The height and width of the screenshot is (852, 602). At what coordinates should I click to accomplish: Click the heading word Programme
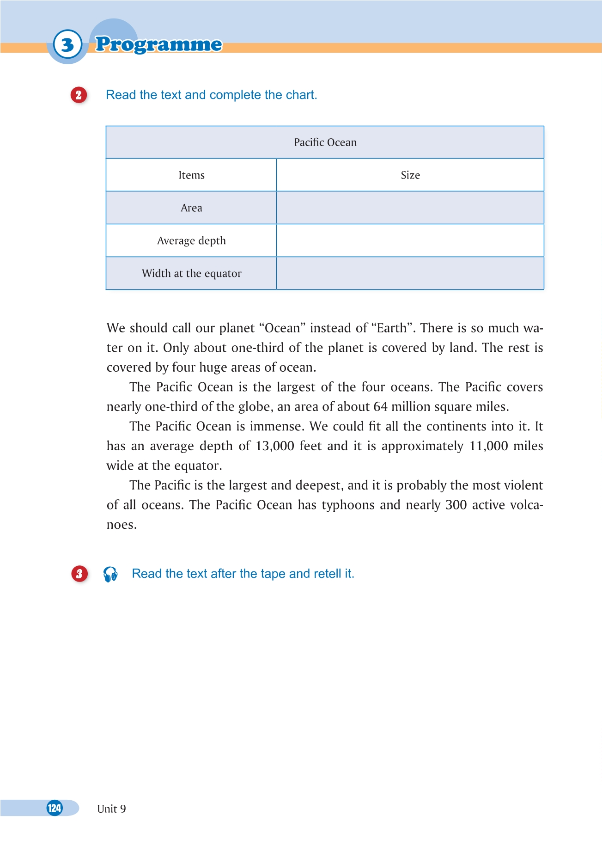click(x=158, y=44)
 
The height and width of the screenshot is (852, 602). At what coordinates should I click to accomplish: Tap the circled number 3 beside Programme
click(x=67, y=45)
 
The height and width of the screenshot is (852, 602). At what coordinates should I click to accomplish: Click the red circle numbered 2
click(x=79, y=95)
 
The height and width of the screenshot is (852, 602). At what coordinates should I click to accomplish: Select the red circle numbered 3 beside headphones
click(x=79, y=574)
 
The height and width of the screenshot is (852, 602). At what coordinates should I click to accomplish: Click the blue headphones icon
click(x=110, y=574)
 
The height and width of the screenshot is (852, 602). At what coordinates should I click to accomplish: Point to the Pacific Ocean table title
click(x=325, y=142)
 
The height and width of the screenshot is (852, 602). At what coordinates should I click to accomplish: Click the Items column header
click(x=191, y=175)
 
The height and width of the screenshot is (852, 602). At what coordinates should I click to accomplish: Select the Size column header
click(x=410, y=175)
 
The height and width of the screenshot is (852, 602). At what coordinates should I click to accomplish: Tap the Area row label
click(x=191, y=208)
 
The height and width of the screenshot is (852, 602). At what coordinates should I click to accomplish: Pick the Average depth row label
click(x=191, y=241)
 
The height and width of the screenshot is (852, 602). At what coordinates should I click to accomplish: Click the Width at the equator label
click(x=191, y=274)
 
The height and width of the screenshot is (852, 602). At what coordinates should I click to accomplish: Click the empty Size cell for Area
click(x=410, y=208)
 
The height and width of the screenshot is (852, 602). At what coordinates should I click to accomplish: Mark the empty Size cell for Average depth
click(x=410, y=241)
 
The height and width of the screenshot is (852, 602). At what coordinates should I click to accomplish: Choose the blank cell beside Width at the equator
click(x=410, y=274)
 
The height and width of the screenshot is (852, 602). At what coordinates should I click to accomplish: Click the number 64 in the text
click(x=380, y=407)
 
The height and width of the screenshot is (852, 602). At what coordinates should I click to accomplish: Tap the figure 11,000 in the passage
click(x=488, y=446)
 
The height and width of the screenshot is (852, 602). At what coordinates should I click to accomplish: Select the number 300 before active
click(x=456, y=505)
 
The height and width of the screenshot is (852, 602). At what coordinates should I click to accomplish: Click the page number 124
click(x=55, y=808)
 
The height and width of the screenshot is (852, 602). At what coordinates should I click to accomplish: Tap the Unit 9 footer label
click(x=111, y=809)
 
